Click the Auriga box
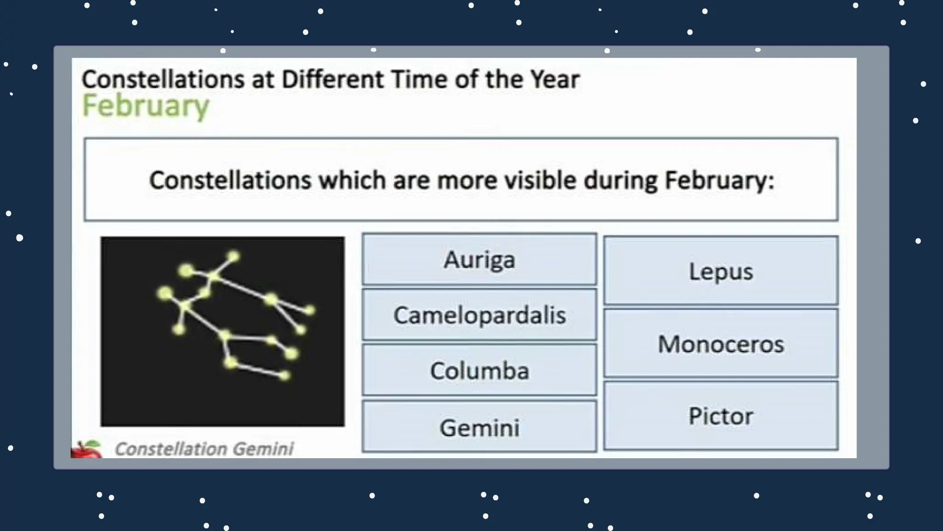479,260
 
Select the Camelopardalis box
479,315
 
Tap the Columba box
479,371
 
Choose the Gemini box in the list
479,427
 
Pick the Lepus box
721,271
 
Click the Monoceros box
721,344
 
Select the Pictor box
721,416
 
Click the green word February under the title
146,106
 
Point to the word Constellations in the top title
163,79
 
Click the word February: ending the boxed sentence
719,180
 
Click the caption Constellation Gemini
204,448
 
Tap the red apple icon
87,450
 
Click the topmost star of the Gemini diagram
233,256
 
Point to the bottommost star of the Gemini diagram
284,376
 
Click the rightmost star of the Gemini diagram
310,310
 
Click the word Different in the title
332,79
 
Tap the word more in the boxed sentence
467,180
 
